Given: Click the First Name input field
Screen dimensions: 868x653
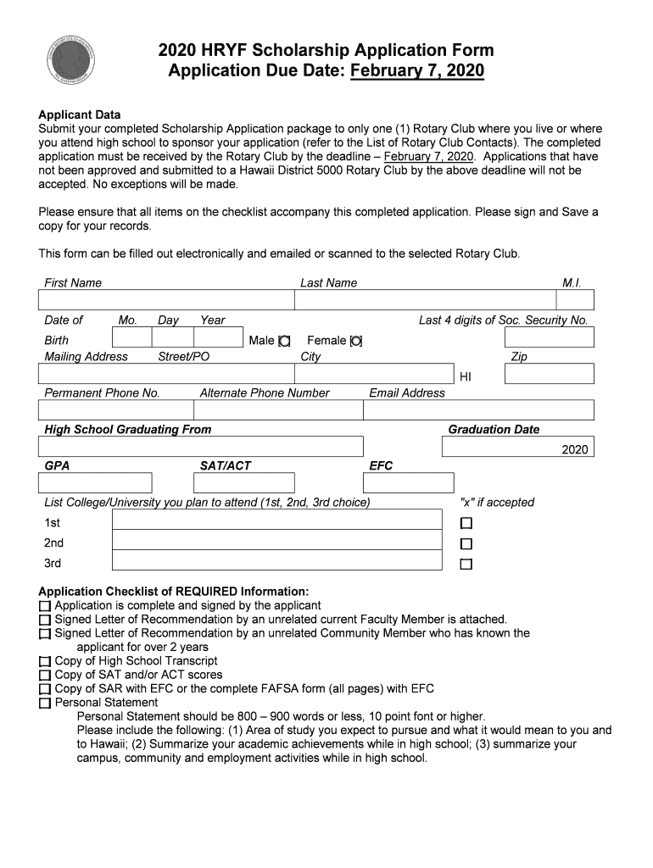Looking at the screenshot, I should click(165, 300).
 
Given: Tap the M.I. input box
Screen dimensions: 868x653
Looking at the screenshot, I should click(576, 300).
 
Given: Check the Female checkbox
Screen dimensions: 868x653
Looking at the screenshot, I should click(356, 341).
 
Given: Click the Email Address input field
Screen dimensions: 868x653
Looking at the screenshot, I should click(478, 410).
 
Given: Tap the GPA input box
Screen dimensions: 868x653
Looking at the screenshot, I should click(95, 483).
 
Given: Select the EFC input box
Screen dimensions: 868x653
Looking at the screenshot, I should click(402, 483).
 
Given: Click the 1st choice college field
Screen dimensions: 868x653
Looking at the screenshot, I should click(276, 520).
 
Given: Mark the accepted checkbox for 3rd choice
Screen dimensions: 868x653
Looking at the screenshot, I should click(466, 565).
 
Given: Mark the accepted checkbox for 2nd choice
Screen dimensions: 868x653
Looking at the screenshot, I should click(466, 543).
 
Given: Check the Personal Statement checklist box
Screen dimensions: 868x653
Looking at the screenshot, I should click(45, 703).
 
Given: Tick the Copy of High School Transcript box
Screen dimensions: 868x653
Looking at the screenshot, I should click(45, 661).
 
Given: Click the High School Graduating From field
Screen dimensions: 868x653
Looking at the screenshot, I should click(201, 447).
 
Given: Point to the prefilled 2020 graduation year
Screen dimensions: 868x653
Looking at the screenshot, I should click(574, 450).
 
